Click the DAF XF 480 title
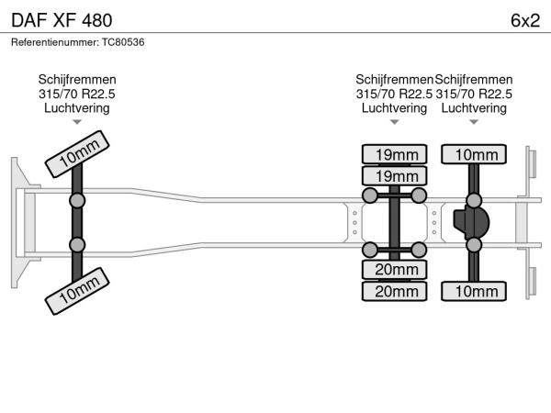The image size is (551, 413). pos(62,20)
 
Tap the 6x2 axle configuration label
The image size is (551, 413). pos(525,20)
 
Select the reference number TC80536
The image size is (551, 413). pos(123,42)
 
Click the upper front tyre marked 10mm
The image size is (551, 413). pos(77,154)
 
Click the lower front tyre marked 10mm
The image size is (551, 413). pos(77,291)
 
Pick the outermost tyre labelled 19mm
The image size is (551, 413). pos(394,154)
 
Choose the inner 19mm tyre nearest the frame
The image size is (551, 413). pos(394,176)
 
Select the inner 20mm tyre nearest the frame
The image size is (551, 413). pos(394,270)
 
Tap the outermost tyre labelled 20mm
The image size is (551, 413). pos(394,291)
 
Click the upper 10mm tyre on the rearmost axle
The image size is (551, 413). pos(474,154)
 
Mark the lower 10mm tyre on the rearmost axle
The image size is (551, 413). pos(474,291)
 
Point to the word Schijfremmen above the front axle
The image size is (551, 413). pos(77,80)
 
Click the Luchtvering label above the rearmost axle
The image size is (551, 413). pos(474,108)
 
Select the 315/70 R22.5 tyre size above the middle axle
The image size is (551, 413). pos(394,95)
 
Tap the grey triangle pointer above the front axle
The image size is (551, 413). pos(77,122)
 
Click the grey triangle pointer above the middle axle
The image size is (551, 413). pos(394,122)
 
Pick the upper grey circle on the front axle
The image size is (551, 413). pos(77,201)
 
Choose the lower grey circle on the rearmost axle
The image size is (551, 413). pos(474,245)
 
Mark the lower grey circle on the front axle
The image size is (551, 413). pos(77,245)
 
